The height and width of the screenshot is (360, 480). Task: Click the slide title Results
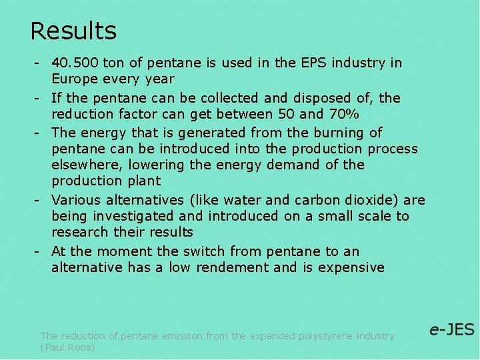(73, 31)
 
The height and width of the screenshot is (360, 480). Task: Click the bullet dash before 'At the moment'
(39, 251)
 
